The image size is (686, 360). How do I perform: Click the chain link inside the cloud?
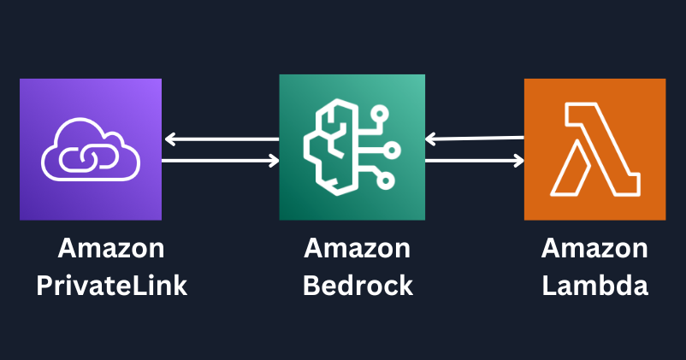pyautogui.click(x=91, y=158)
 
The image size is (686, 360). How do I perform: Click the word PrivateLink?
pyautogui.click(x=111, y=285)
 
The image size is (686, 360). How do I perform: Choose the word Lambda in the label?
pyautogui.click(x=594, y=285)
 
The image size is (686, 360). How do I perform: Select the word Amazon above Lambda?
pyautogui.click(x=594, y=249)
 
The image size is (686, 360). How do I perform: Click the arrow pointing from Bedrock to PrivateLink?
pyautogui.click(x=221, y=139)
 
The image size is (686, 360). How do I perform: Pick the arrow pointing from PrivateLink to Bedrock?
pyautogui.click(x=221, y=160)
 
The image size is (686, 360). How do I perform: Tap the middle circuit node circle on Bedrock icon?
pyautogui.click(x=393, y=150)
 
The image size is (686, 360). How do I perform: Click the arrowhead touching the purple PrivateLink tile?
pyautogui.click(x=169, y=139)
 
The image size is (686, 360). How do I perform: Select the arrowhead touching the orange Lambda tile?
pyautogui.click(x=518, y=160)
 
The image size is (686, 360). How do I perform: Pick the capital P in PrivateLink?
pyautogui.click(x=44, y=285)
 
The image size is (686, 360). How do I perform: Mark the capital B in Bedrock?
pyautogui.click(x=310, y=285)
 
